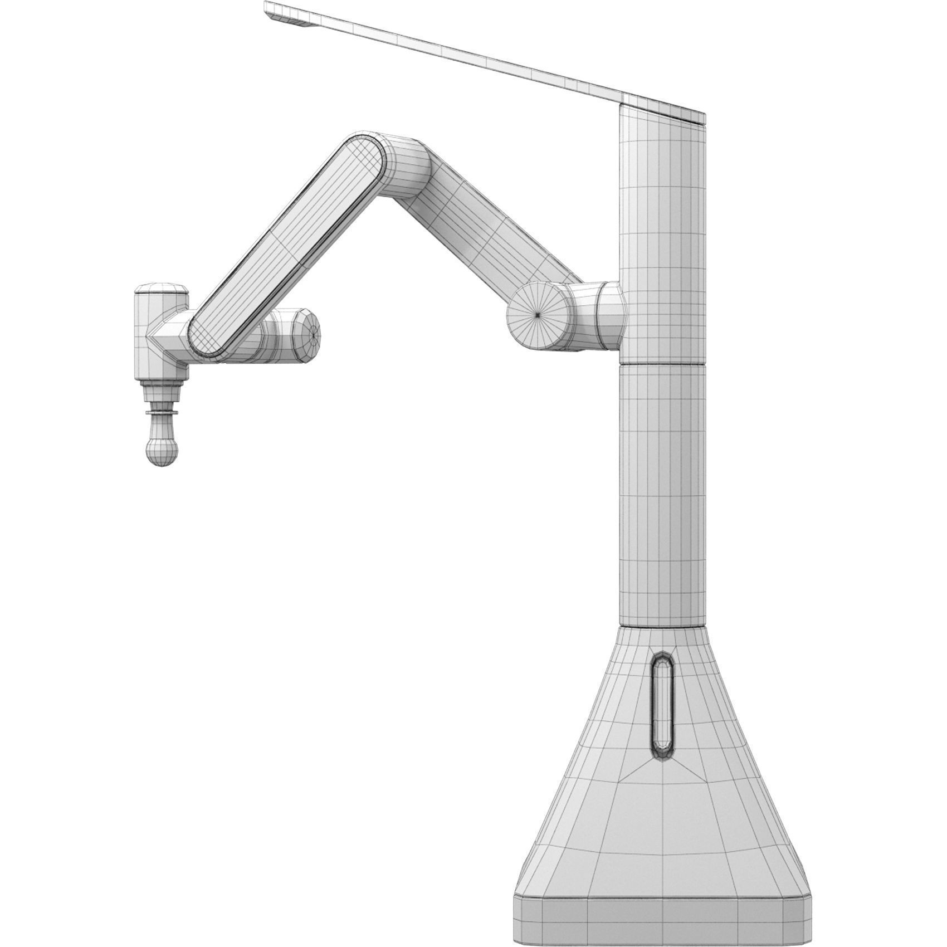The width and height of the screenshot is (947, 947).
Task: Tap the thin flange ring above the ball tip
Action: [162, 413]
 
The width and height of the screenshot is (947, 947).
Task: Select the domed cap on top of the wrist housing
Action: [162, 290]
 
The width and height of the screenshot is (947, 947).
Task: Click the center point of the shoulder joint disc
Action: [537, 315]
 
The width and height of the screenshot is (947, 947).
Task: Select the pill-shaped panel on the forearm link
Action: [287, 245]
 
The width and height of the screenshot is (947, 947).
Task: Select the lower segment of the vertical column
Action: [662, 496]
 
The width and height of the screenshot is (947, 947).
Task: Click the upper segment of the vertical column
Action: [662, 234]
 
